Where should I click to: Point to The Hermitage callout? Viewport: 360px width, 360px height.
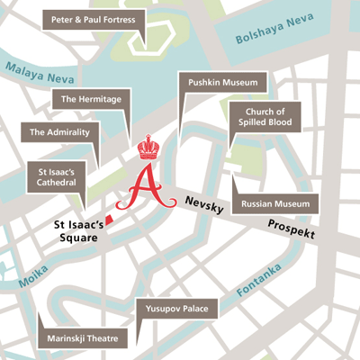[x=91, y=99]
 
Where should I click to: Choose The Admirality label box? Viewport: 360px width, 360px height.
[x=58, y=132]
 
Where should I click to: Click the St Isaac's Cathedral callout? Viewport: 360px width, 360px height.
[x=56, y=176]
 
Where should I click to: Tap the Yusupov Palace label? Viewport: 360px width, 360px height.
[x=176, y=309]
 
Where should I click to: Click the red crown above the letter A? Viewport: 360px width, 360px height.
[x=148, y=146]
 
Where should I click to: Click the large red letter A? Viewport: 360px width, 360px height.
[x=147, y=187]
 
